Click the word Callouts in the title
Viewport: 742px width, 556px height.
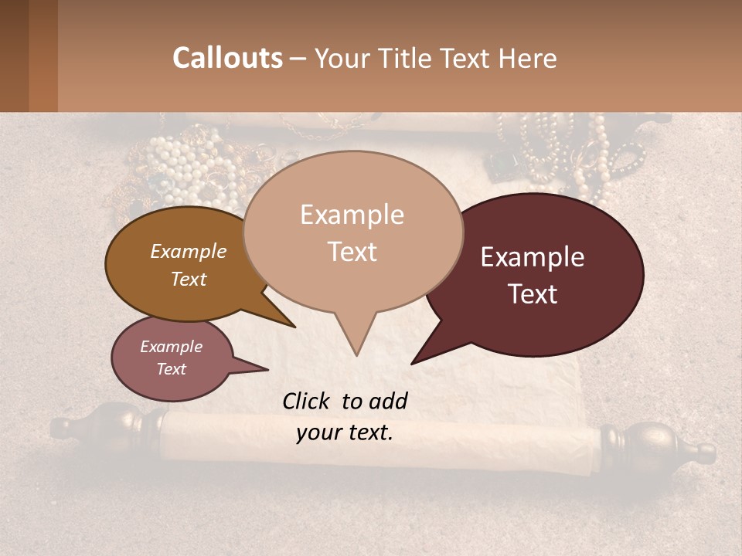tap(227, 58)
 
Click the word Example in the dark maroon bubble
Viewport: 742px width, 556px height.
tap(533, 257)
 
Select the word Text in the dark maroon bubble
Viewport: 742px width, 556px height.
tap(533, 294)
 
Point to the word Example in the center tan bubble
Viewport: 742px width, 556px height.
tap(352, 215)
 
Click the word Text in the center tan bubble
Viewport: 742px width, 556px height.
tap(352, 252)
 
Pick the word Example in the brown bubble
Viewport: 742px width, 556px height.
tap(188, 251)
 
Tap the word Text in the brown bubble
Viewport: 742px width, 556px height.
tap(188, 279)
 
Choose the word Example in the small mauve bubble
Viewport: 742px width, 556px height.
tap(171, 347)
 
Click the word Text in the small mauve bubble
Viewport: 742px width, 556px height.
tap(171, 369)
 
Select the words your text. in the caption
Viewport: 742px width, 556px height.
tap(344, 432)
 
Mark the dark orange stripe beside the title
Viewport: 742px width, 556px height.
tap(43, 56)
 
